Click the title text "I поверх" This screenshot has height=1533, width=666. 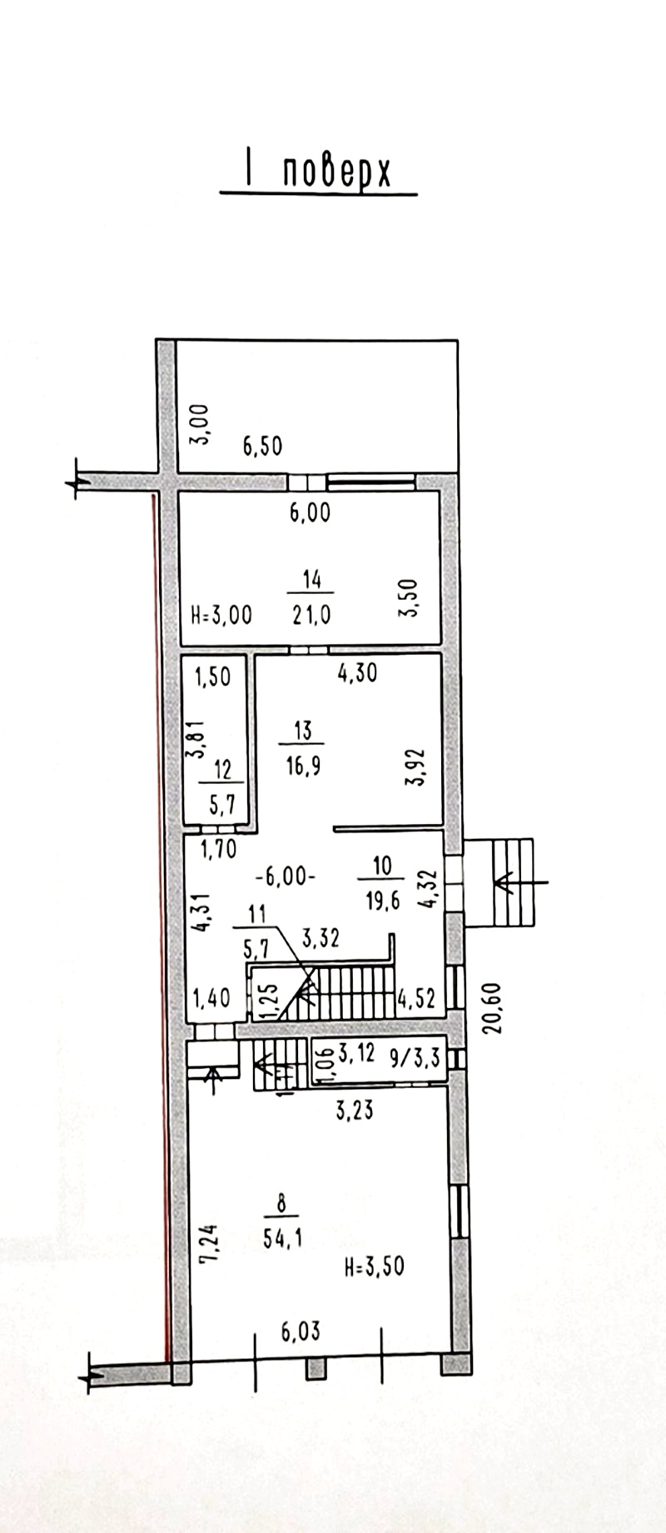317,172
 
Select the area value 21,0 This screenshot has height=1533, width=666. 311,615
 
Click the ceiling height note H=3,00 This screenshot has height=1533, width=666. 221,615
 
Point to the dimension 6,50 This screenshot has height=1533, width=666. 262,446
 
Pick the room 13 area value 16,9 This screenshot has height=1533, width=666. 303,765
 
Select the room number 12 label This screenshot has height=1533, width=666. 221,769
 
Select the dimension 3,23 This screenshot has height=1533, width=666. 355,1109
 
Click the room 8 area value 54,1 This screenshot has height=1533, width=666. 282,1239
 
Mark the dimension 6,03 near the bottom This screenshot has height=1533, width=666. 301,1332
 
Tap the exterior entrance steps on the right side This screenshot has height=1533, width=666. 499,882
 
